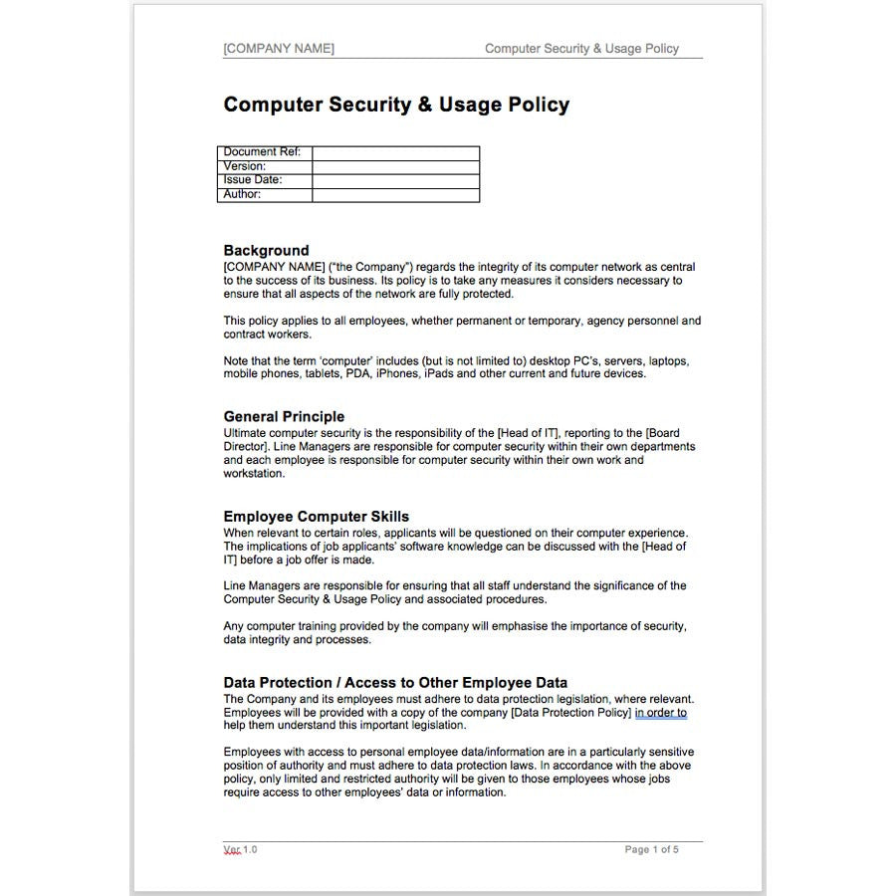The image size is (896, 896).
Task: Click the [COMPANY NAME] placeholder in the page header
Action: pos(279,49)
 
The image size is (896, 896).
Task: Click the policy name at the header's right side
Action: pos(581,49)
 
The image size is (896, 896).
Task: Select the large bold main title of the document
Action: pos(396,105)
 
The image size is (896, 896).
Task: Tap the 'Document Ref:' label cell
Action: pos(263,152)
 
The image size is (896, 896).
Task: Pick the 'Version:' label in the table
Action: pos(245,166)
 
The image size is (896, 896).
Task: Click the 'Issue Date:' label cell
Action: pos(253,180)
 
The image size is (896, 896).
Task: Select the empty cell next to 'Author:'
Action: pos(395,194)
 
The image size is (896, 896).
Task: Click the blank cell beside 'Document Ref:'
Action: pos(395,152)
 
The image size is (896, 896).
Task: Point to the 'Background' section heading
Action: pos(266,251)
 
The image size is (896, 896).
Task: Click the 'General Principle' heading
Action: pos(284,417)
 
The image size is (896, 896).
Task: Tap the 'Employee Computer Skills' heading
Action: pos(316,517)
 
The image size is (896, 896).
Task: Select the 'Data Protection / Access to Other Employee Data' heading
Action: pos(395,683)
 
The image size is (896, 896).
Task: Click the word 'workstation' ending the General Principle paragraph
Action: pos(253,474)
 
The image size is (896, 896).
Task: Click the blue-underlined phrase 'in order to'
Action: pos(661,713)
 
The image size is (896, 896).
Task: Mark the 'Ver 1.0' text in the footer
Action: pos(240,849)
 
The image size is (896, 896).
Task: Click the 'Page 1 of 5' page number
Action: pos(651,849)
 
